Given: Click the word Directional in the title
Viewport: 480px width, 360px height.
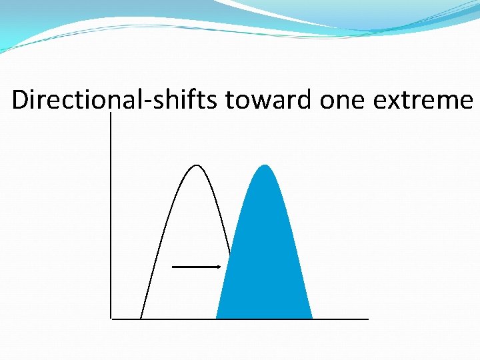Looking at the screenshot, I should coord(58,100).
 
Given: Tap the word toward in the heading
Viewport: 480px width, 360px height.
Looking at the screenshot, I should coord(269,100).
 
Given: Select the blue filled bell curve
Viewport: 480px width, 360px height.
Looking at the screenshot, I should coord(265,260).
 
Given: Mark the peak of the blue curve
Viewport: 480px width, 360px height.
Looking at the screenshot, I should coord(265,165).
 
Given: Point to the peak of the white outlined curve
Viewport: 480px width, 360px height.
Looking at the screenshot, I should coord(197,165).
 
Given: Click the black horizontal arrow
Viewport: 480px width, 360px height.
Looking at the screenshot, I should coord(196,267).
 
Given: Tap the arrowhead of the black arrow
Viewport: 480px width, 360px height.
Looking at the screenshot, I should coord(219,267).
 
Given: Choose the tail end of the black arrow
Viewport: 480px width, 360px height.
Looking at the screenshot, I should coord(173,267).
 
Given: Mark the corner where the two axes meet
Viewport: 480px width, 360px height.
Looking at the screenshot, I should coord(111,319).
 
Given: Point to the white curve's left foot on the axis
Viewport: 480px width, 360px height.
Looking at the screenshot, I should coord(141,317).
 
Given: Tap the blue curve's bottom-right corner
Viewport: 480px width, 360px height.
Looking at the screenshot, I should coord(311,317).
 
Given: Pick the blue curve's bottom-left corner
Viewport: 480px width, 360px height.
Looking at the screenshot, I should coord(217,317).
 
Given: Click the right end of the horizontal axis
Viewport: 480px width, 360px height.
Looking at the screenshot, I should coord(367,319).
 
